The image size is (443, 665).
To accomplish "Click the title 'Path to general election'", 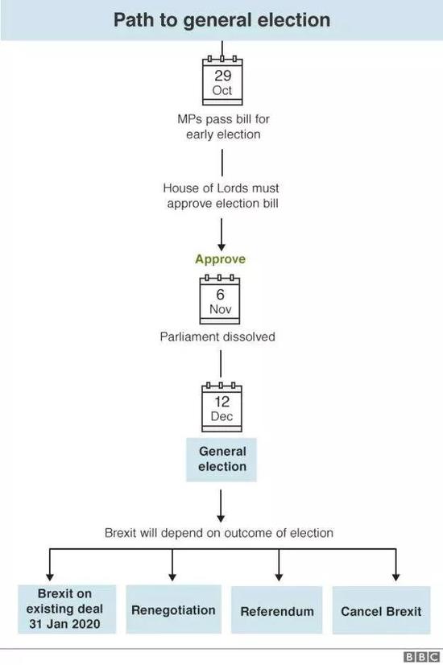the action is click(221, 20).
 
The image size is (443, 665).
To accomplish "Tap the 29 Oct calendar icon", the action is click(222, 81).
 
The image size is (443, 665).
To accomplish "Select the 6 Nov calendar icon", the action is click(220, 299).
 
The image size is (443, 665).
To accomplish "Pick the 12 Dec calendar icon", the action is click(221, 407).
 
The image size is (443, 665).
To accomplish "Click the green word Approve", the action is click(220, 259).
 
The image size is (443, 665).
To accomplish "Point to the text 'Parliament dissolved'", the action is click(217, 337).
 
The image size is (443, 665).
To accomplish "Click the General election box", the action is click(221, 460).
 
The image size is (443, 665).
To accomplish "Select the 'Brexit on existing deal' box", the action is click(67, 609).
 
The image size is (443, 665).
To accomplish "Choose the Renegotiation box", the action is click(173, 609).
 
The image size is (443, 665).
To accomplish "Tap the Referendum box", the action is click(276, 610).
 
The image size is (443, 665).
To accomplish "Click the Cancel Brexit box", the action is click(381, 610).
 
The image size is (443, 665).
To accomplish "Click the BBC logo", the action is click(420, 657).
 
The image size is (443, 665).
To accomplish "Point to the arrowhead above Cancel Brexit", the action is click(396, 577).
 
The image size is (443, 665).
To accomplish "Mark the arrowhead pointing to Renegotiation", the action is click(172, 577).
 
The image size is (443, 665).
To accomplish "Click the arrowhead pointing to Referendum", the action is click(279, 577).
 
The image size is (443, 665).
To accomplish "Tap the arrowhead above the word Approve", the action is click(221, 247).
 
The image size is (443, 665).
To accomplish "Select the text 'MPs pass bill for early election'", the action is click(223, 127).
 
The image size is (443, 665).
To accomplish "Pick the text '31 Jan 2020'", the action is click(65, 624).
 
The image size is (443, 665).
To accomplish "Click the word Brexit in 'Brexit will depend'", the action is click(121, 533).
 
